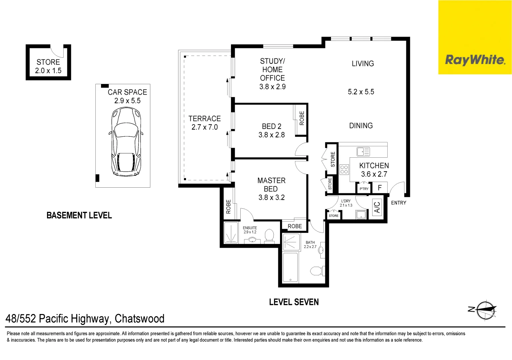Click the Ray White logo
point(475,60)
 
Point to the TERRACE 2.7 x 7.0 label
point(204,123)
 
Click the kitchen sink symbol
point(363,152)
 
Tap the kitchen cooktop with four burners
point(344,169)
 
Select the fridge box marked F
point(380,188)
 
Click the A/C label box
point(377,207)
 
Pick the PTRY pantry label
point(364,189)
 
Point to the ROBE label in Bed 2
point(302,118)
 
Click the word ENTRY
point(399,203)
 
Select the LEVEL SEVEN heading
point(294,302)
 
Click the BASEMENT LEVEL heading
point(79,215)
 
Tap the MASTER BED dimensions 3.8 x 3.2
point(271,197)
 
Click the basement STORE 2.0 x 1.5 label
point(48,66)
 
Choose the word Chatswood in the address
point(139,319)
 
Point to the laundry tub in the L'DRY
point(361,214)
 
